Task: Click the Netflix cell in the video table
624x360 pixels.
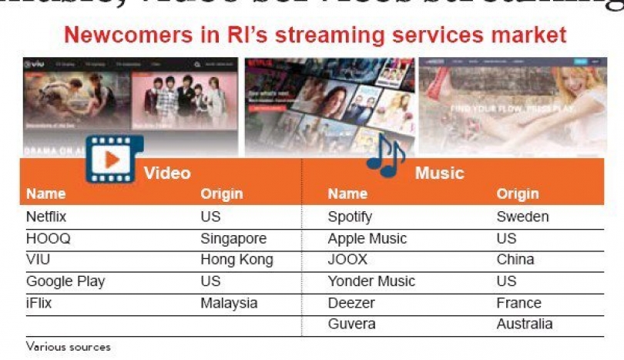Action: pos(46,217)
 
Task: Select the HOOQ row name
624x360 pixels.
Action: pos(48,239)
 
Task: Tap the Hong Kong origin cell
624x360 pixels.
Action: pos(237,260)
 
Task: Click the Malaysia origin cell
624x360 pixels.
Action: pos(230,303)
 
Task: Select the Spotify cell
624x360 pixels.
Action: pos(350,217)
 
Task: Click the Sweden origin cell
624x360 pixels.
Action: pos(522,217)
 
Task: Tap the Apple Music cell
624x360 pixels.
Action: pos(367,239)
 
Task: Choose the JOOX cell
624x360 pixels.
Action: pos(347,260)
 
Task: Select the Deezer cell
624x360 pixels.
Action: pos(351,303)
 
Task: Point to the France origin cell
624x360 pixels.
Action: pos(518,303)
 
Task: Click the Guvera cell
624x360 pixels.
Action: pos(351,324)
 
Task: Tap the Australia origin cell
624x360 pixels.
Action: pos(524,324)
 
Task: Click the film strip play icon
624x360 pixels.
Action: pos(109,158)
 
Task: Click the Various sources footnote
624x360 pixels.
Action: pos(68,347)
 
